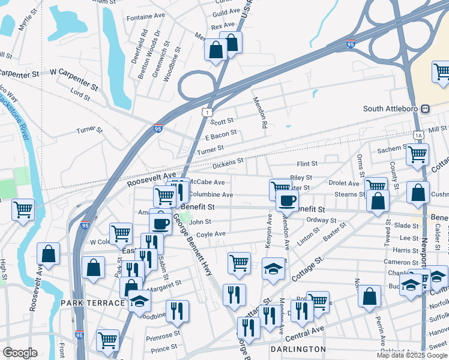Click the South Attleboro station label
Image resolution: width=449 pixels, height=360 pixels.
[x=391, y=109]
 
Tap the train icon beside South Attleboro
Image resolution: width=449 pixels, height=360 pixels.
[x=426, y=109]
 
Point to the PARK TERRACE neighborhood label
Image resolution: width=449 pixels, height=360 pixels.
[x=92, y=303]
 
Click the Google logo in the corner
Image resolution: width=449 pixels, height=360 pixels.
[x=20, y=353]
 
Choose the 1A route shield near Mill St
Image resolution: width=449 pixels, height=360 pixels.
[x=418, y=136]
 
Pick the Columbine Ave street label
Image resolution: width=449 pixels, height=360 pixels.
[x=211, y=194]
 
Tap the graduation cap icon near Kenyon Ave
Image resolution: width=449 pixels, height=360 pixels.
[x=273, y=266]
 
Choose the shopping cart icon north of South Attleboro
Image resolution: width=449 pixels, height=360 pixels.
[x=441, y=72]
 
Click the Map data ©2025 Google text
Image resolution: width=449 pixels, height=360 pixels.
[x=412, y=355]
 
